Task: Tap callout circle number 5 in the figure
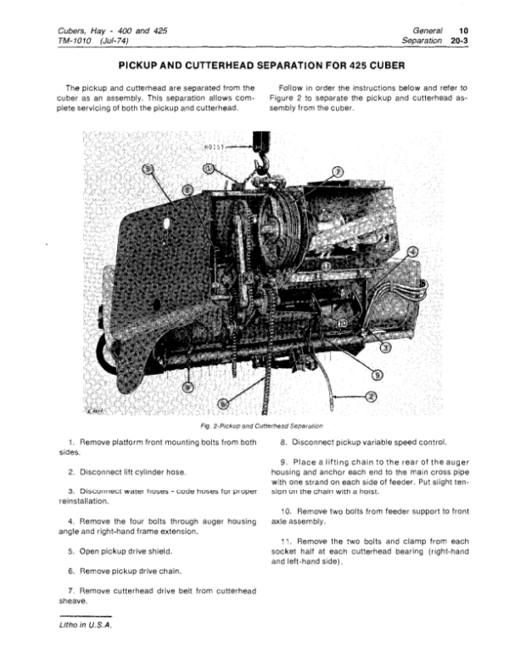[149, 170]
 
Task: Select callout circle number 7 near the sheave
[337, 172]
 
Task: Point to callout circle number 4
[413, 253]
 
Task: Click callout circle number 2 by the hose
[371, 397]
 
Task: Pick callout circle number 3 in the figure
[385, 348]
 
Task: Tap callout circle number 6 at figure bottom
[224, 404]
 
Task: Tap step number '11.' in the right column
[286, 540]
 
